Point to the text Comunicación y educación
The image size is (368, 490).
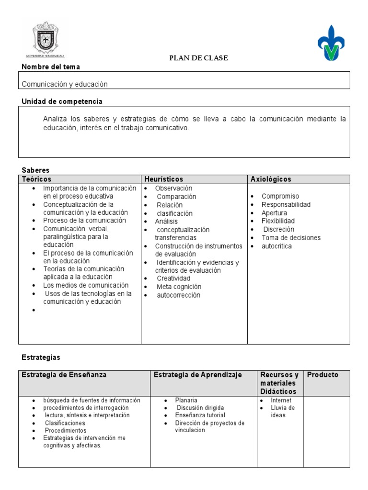(65, 84)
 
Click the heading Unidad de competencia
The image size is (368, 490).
(62, 101)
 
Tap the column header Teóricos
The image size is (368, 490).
(37, 179)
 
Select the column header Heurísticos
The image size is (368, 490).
(164, 179)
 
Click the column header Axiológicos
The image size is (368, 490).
(271, 179)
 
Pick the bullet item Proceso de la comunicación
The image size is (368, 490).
(84, 221)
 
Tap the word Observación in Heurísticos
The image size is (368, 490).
(173, 189)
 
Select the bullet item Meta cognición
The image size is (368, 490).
(179, 287)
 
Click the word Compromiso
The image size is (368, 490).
(280, 196)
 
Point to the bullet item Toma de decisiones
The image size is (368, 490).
(291, 238)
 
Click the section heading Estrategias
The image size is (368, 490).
(41, 357)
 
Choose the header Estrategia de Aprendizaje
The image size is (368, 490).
(198, 375)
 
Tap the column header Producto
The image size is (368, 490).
(322, 375)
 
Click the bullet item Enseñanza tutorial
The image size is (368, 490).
(200, 415)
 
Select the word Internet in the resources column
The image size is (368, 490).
(281, 401)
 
